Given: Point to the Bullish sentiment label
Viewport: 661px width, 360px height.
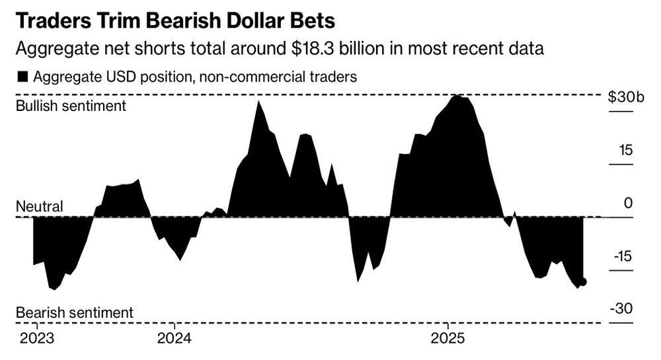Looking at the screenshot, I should [x=71, y=106].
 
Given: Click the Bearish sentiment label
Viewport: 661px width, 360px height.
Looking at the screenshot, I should [x=74, y=312].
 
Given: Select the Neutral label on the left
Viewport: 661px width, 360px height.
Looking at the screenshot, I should [x=39, y=207].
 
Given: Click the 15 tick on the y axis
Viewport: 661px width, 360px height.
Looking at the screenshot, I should [x=625, y=151].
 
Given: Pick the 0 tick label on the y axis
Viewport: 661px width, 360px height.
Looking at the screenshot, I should [x=628, y=203].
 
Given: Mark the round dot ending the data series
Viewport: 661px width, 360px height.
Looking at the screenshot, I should [x=582, y=281].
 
